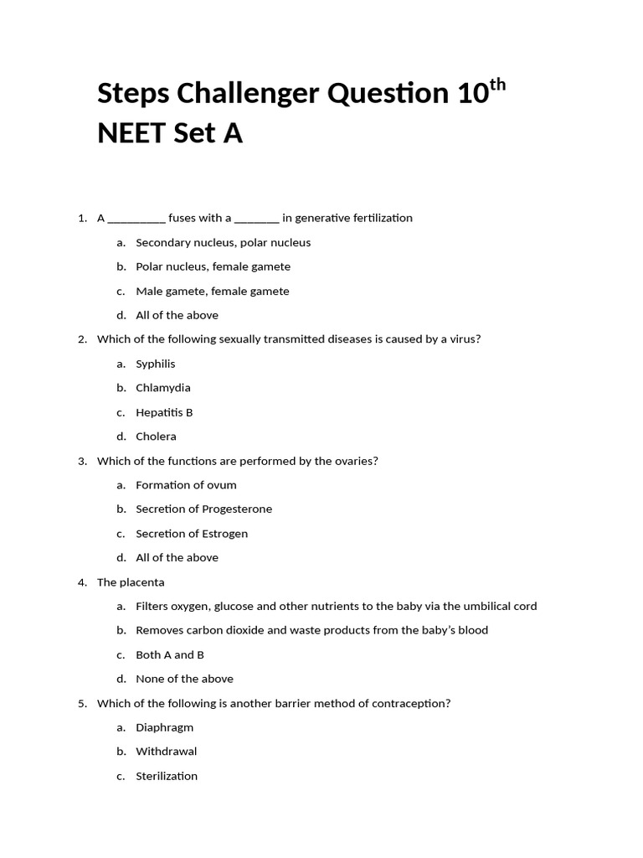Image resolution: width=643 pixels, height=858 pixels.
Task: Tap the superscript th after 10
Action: pyautogui.click(x=497, y=85)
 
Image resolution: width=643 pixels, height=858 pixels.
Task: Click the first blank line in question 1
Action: pyautogui.click(x=136, y=219)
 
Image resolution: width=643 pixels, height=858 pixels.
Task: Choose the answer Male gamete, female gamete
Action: pyautogui.click(x=213, y=292)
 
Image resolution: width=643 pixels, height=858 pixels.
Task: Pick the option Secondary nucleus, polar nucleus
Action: pyautogui.click(x=223, y=243)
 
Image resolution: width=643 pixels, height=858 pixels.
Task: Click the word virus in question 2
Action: pyautogui.click(x=463, y=339)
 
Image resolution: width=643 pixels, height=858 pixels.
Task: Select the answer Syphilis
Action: pyautogui.click(x=156, y=364)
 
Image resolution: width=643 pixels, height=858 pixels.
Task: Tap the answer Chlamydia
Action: pyautogui.click(x=163, y=388)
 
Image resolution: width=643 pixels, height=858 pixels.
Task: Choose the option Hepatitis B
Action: pyautogui.click(x=164, y=412)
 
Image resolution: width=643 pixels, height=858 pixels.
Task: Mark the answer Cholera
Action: pyautogui.click(x=156, y=437)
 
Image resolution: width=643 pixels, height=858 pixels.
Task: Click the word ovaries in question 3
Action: pyautogui.click(x=355, y=461)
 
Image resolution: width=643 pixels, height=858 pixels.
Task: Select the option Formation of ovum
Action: pyautogui.click(x=186, y=485)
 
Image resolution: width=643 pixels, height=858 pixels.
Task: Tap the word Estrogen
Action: pyautogui.click(x=225, y=534)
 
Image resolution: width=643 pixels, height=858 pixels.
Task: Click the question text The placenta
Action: pyautogui.click(x=131, y=582)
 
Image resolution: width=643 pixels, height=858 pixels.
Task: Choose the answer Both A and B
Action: pyautogui.click(x=170, y=655)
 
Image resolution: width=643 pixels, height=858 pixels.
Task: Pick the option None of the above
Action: pyautogui.click(x=184, y=680)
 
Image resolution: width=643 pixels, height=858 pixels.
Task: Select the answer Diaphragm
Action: pyautogui.click(x=164, y=728)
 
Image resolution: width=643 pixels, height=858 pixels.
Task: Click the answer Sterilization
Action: pyautogui.click(x=167, y=777)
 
